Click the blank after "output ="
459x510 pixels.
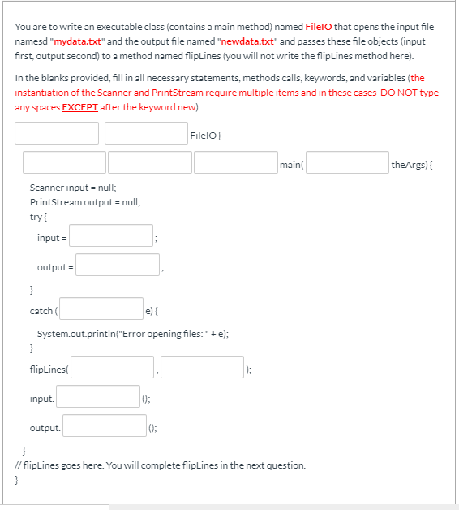pyautogui.click(x=119, y=266)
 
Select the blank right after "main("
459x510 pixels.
pyautogui.click(x=346, y=163)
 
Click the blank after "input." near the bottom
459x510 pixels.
pyautogui.click(x=97, y=398)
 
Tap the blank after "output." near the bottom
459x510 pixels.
pyautogui.click(x=105, y=427)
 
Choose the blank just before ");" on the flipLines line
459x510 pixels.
pyautogui.click(x=202, y=370)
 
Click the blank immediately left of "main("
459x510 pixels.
pyautogui.click(x=235, y=163)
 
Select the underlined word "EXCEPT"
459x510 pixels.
pyautogui.click(x=79, y=107)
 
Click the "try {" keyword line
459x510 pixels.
pyautogui.click(x=39, y=215)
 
